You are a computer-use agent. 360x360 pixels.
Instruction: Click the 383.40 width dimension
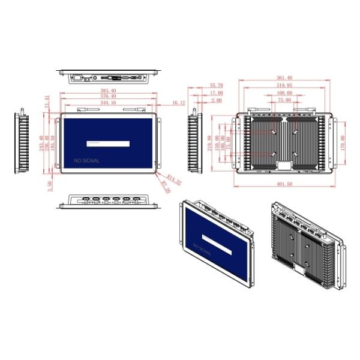click(x=108, y=90)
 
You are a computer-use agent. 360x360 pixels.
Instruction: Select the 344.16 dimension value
click(x=108, y=103)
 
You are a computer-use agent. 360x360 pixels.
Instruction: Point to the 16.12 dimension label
click(x=178, y=103)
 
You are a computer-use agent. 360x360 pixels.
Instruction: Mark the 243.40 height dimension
click(x=41, y=144)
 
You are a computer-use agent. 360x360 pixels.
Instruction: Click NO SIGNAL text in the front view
click(x=86, y=161)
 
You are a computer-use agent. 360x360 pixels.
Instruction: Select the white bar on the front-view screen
click(x=108, y=143)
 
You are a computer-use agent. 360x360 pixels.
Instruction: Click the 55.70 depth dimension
click(x=217, y=86)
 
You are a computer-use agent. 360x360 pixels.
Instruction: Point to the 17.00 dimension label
click(x=217, y=93)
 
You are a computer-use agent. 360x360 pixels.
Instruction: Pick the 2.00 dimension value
click(x=217, y=100)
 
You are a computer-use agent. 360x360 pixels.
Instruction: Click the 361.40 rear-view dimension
click(x=284, y=78)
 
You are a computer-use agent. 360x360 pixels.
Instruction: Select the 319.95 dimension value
click(x=284, y=86)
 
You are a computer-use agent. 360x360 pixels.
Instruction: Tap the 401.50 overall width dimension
click(x=284, y=184)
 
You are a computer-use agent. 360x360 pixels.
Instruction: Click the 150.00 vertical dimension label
click(x=217, y=143)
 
